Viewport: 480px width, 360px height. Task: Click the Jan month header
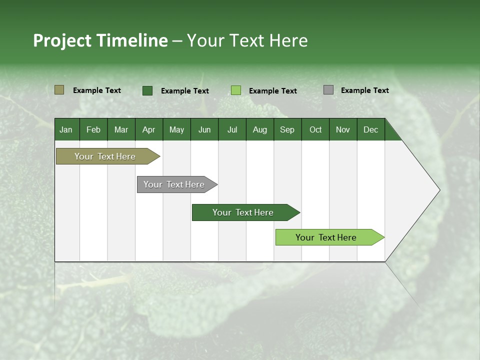[66, 129]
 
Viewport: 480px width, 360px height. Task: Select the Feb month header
[93, 129]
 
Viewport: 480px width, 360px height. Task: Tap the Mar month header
[121, 129]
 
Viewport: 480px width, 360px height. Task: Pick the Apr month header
[149, 129]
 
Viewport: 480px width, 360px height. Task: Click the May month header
[176, 129]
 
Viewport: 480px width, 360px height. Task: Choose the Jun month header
[204, 129]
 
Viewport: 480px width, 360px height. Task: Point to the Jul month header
[232, 129]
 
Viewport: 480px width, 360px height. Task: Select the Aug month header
[260, 129]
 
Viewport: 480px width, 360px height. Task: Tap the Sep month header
[287, 129]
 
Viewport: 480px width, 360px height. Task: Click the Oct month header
[315, 129]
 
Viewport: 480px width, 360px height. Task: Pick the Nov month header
[343, 129]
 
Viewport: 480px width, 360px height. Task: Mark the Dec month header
[371, 129]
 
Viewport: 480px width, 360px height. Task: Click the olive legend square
[59, 90]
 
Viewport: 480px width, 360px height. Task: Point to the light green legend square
[236, 90]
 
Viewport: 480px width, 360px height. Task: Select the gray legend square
[328, 90]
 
